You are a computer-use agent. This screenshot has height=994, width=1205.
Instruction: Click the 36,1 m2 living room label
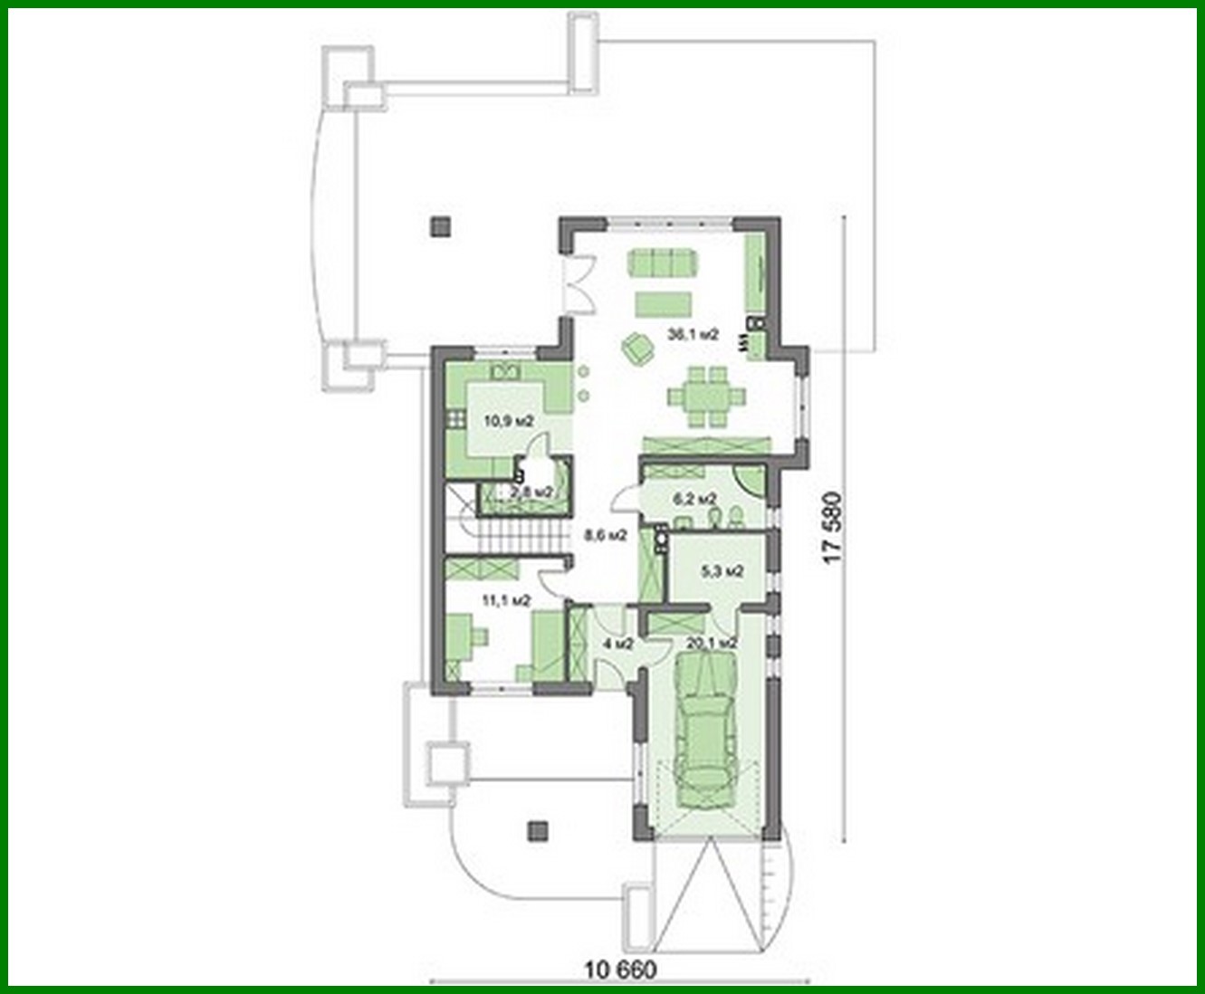coord(693,334)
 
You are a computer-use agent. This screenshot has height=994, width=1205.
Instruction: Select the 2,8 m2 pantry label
coord(531,492)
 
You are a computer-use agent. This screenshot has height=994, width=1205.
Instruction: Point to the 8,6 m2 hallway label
coord(606,535)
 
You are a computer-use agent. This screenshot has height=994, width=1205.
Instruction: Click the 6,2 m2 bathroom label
coord(694,499)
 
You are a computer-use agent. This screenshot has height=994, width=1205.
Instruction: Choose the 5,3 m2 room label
coord(722,571)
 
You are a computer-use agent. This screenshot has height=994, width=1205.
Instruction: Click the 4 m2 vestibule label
coord(617,644)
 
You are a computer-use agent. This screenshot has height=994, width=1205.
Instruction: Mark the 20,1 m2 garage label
coord(712,643)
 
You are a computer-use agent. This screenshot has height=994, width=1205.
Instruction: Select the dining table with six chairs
coord(707,396)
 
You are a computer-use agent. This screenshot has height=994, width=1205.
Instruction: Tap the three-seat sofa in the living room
coord(665,262)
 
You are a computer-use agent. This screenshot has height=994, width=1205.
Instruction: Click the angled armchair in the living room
coord(637,348)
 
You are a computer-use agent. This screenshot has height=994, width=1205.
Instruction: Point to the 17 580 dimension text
coord(833,527)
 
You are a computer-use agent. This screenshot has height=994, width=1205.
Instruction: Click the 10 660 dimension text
coord(619,970)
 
